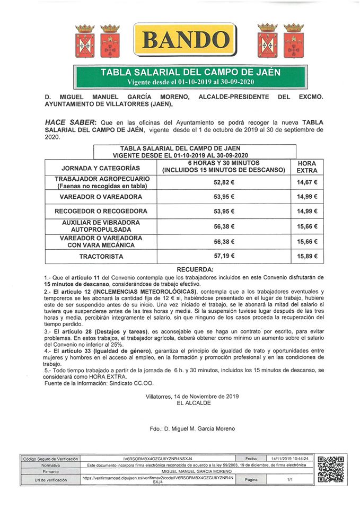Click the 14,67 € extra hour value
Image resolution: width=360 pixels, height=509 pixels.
(308, 182)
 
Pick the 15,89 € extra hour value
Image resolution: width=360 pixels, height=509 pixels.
(308, 256)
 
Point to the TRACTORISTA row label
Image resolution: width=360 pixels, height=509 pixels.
(101, 256)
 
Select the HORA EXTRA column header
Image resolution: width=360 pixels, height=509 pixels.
(308, 167)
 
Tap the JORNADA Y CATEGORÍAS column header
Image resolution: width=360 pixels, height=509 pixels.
(101, 168)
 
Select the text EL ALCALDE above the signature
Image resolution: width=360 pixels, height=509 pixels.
(194, 403)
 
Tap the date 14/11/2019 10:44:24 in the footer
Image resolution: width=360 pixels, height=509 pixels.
(290, 458)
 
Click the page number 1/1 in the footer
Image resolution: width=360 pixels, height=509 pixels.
(290, 479)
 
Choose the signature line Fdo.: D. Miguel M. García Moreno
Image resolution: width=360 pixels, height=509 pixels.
(192, 428)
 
